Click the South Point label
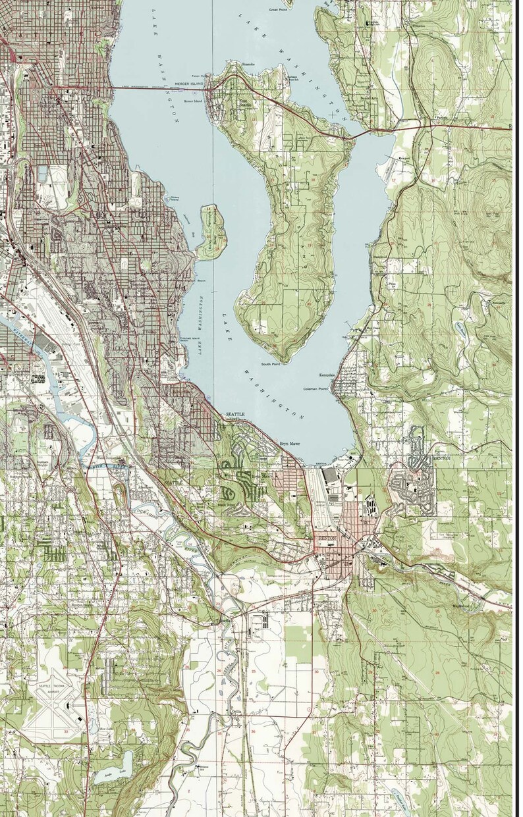point(270,364)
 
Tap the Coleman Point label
point(315,389)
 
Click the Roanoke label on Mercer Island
point(248,64)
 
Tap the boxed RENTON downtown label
point(327,538)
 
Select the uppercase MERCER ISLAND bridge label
point(191,84)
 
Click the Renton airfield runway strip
point(319,494)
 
